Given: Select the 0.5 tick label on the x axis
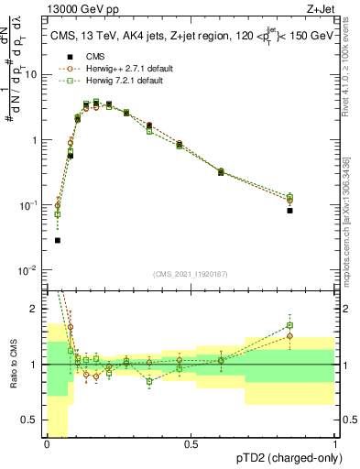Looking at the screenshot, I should (191, 444).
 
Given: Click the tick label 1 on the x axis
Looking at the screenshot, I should (334, 444).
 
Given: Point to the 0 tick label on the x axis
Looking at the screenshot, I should (47, 444).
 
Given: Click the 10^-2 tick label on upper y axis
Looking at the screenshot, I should (27, 269).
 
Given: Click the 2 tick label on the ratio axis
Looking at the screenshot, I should (36, 309).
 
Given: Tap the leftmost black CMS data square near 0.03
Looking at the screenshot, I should (58, 240).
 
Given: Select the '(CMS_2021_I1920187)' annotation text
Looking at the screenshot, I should (191, 274).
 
